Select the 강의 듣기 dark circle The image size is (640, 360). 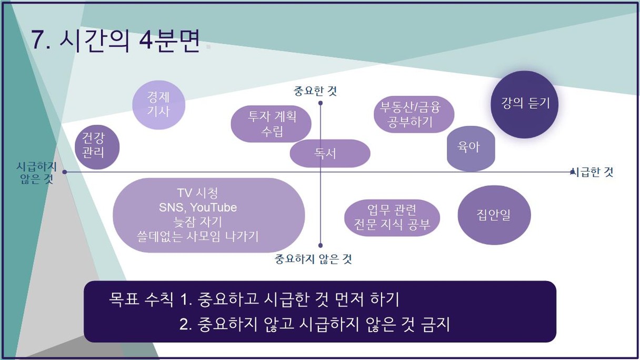(525, 105)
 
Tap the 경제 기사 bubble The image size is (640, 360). (158, 105)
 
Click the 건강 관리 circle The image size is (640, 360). (97, 147)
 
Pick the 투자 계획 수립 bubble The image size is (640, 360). (271, 124)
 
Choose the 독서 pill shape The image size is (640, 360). (330, 154)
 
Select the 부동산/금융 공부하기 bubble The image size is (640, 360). (414, 114)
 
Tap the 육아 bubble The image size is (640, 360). (471, 148)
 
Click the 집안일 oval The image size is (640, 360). (494, 215)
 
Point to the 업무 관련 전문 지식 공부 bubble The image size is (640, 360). (392, 218)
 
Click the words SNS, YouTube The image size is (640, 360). (198, 207)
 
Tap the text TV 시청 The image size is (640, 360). (198, 193)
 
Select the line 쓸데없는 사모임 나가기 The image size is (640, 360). (198, 236)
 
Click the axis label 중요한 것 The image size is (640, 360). (315, 91)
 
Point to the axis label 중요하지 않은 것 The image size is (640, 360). (313, 259)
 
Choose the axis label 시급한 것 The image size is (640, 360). (594, 172)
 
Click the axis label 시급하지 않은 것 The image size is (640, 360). (36, 173)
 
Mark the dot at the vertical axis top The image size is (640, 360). (321, 103)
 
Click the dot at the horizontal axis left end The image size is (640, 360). (65, 172)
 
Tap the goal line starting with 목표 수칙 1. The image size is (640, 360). (254, 299)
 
